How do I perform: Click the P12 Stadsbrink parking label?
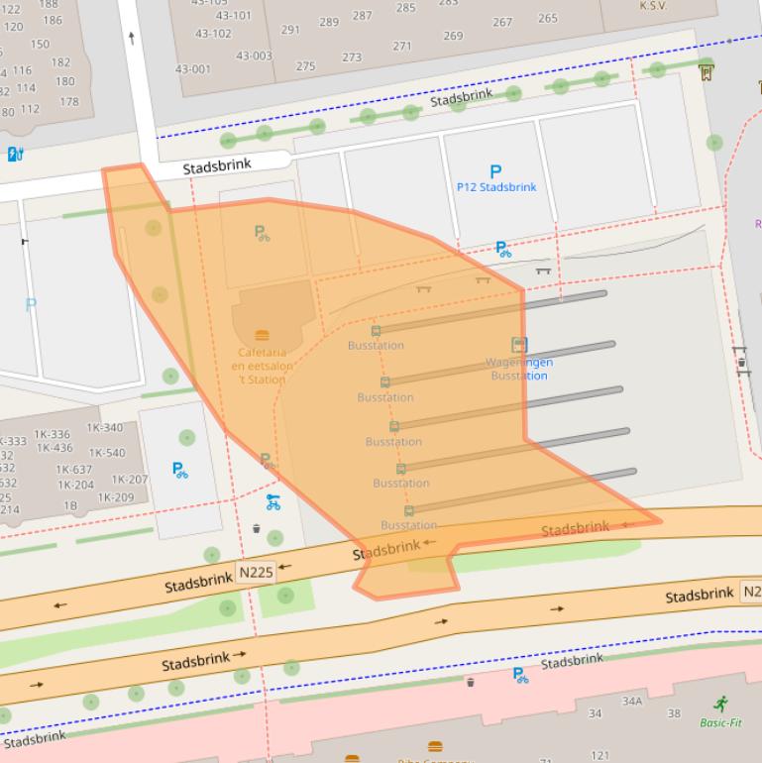pyautogui.click(x=495, y=187)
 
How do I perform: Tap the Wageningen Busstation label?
pyautogui.click(x=519, y=369)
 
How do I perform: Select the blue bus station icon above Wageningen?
pyautogui.click(x=519, y=345)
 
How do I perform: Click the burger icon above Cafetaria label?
pyautogui.click(x=262, y=336)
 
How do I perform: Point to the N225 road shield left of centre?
pyautogui.click(x=255, y=573)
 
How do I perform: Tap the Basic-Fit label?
pyautogui.click(x=720, y=722)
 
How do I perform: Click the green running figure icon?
pyautogui.click(x=720, y=704)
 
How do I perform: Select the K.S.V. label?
pyautogui.click(x=653, y=6)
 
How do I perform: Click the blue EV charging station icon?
pyautogui.click(x=15, y=154)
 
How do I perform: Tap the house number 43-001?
pyautogui.click(x=193, y=69)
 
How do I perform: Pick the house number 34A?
pyautogui.click(x=632, y=702)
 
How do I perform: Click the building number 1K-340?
pyautogui.click(x=105, y=428)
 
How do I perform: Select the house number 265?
pyautogui.click(x=547, y=18)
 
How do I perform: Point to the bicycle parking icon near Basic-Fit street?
pyautogui.click(x=520, y=676)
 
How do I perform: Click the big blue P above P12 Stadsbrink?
pyautogui.click(x=495, y=172)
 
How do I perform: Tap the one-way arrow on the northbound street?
pyautogui.click(x=132, y=38)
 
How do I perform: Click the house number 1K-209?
pyautogui.click(x=116, y=497)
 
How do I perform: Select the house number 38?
pyautogui.click(x=674, y=713)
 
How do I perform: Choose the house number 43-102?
pyautogui.click(x=213, y=34)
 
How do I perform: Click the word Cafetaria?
pyautogui.click(x=262, y=353)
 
